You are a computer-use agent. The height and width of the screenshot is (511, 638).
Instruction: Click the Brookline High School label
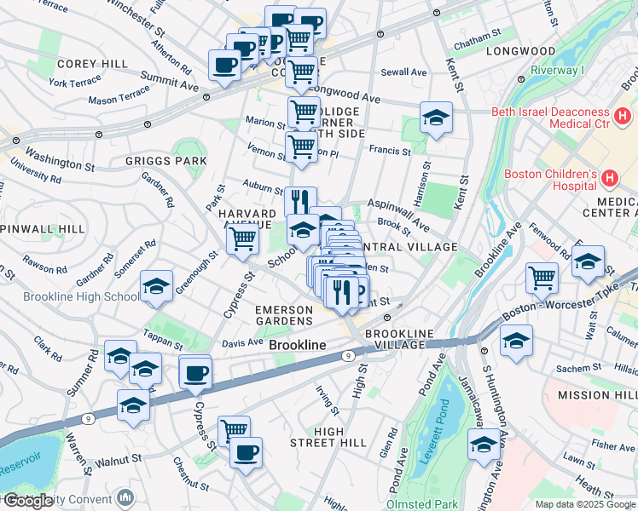(69, 297)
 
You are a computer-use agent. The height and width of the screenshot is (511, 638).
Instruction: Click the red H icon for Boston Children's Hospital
(609, 179)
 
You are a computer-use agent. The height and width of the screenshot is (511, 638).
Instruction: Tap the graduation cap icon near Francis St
(436, 118)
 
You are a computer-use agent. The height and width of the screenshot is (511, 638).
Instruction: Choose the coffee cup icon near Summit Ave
(225, 66)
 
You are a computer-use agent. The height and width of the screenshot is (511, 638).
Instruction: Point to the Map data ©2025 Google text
(585, 504)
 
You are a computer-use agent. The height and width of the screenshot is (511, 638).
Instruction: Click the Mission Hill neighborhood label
(597, 396)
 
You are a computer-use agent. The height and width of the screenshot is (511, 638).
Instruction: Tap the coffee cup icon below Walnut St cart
(246, 453)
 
